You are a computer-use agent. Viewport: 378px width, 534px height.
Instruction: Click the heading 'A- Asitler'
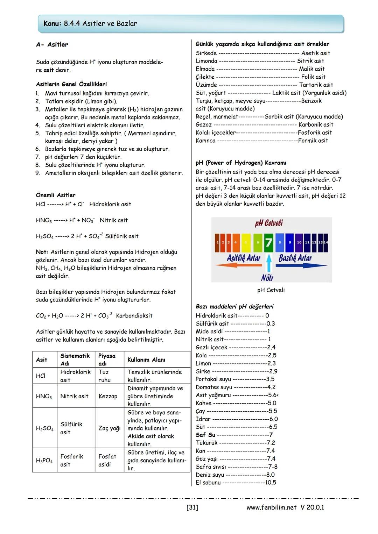tap(52, 45)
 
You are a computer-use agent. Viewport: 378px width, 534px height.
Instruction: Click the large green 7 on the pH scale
tap(268, 242)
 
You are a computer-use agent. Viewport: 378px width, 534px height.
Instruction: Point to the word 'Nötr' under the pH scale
tap(267, 278)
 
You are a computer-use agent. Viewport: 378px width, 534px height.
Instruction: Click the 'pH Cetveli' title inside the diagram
tap(269, 223)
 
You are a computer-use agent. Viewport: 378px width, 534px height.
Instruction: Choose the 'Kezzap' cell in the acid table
tap(108, 396)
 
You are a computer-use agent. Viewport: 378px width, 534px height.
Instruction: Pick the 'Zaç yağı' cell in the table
tap(109, 428)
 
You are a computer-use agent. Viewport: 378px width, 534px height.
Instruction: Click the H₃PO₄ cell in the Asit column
tap(44, 461)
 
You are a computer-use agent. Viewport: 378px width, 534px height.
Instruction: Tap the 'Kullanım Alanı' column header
tap(146, 360)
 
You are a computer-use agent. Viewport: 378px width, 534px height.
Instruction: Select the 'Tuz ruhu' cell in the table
tap(104, 376)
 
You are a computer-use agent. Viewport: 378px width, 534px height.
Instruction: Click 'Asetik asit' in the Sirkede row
tap(316, 53)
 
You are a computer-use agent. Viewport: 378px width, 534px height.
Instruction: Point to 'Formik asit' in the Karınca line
tap(313, 141)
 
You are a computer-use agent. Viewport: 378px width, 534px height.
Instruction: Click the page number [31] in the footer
tap(192, 507)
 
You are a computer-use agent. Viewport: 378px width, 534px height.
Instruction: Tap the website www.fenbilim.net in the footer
tap(271, 507)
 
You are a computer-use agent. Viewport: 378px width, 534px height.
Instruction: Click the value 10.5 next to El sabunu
tap(270, 483)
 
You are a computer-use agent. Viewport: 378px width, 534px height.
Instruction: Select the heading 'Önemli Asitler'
tap(56, 195)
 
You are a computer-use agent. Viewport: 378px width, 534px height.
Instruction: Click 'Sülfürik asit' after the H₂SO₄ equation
tap(122, 236)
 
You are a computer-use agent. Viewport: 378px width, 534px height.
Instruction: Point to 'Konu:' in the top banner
tap(52, 24)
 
